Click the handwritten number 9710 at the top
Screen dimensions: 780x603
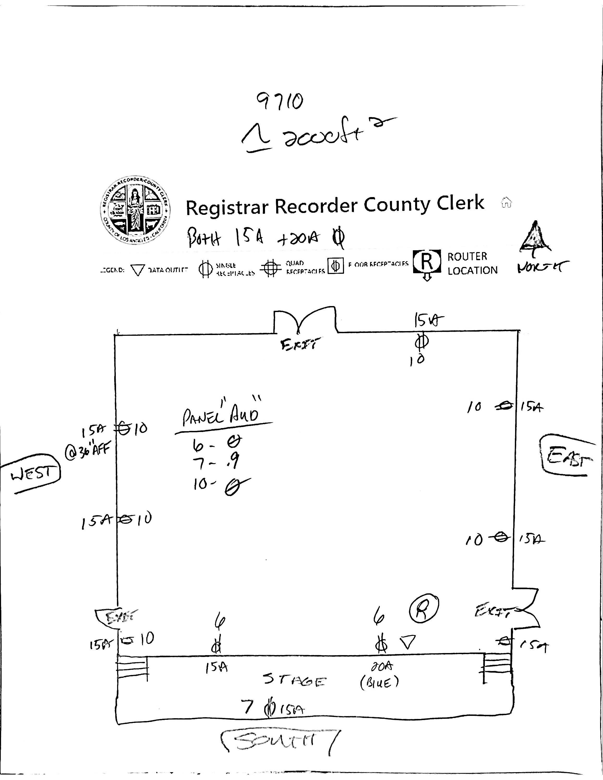pos(280,102)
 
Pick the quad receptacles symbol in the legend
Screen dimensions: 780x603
pos(271,268)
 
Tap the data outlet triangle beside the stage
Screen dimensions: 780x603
pos(407,642)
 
